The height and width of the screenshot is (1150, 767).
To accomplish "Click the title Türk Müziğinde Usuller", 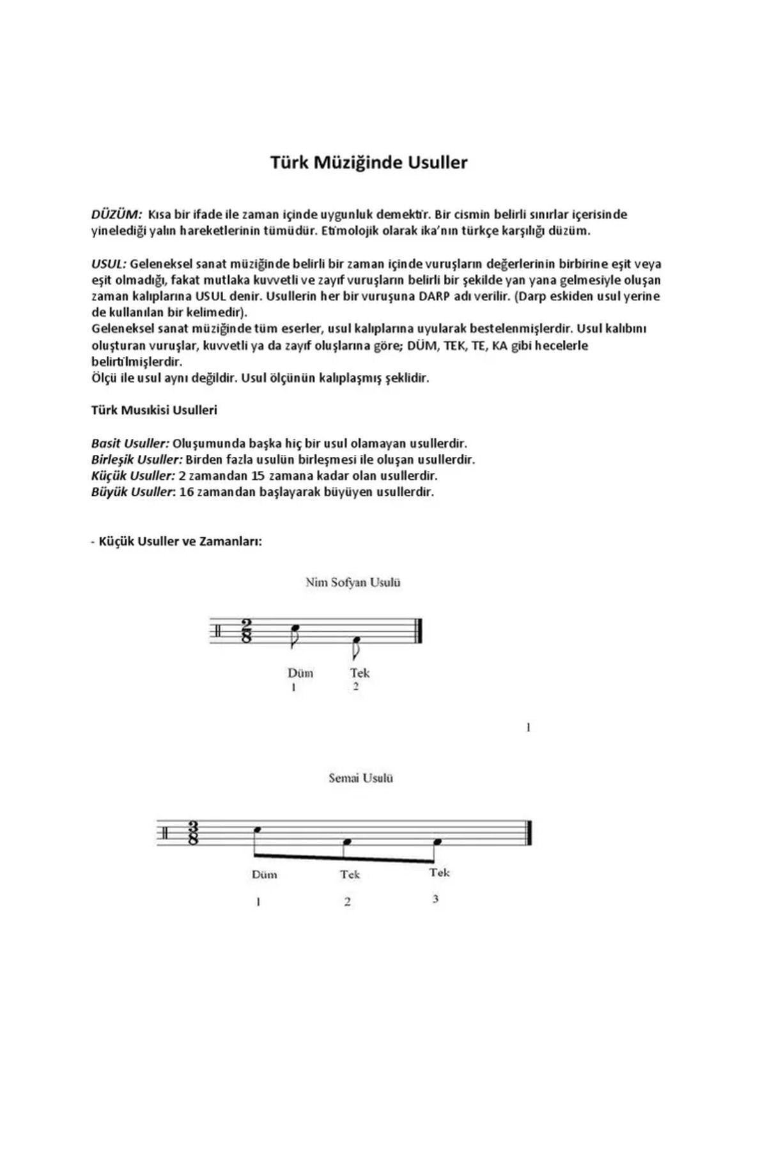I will (x=369, y=162).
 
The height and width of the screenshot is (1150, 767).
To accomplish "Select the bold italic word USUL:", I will (x=109, y=264).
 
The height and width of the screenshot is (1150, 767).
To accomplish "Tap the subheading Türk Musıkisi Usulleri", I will (x=154, y=410).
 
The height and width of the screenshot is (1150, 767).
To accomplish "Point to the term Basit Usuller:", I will (x=130, y=443).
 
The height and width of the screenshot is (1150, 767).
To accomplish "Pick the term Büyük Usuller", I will (x=132, y=493).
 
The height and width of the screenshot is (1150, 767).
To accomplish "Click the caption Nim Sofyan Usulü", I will (x=353, y=583).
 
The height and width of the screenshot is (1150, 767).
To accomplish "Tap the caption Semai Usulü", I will (x=360, y=778).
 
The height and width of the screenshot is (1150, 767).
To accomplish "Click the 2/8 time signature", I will (x=247, y=631).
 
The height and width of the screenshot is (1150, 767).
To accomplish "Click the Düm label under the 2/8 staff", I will (x=300, y=673).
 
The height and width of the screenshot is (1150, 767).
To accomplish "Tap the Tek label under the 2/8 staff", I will (x=360, y=673).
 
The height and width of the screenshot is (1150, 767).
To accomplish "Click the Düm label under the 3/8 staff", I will (x=264, y=875).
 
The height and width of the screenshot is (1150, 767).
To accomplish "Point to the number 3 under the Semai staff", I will (x=435, y=899).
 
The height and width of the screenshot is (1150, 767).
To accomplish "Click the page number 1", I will (x=528, y=727).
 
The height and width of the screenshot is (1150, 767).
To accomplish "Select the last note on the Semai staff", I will (x=438, y=842).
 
